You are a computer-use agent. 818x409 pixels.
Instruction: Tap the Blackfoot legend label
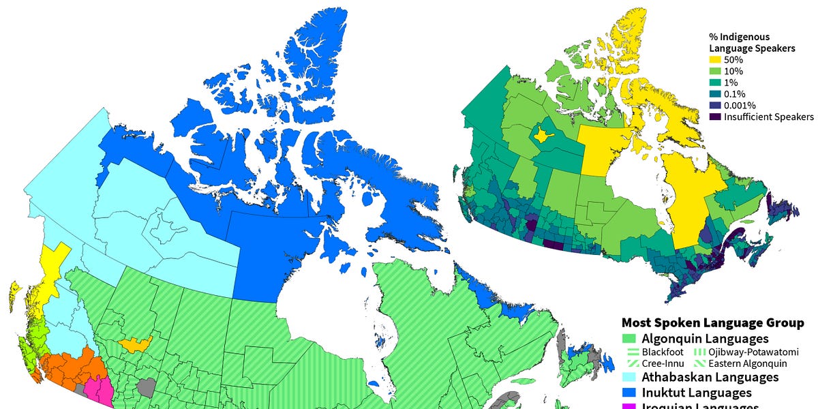(663, 352)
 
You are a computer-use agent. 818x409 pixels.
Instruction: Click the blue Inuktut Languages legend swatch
(629, 393)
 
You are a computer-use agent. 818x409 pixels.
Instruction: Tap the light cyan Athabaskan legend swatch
(629, 377)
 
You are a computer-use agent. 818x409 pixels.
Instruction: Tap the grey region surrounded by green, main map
(145, 387)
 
